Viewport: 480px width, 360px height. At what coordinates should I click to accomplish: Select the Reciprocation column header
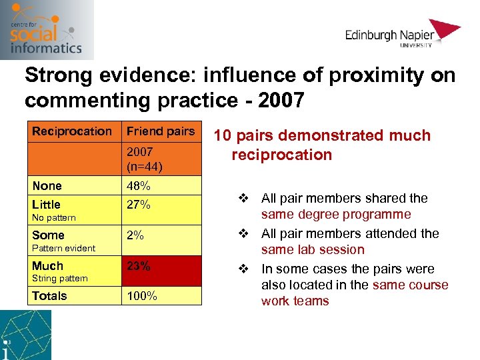[x=72, y=131]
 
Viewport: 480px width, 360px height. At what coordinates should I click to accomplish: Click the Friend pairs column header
[x=161, y=131]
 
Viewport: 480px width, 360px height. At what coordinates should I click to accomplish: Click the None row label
[x=47, y=186]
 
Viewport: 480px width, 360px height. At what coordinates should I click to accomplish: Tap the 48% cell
[x=138, y=186]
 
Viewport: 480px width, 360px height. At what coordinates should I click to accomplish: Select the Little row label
[x=46, y=205]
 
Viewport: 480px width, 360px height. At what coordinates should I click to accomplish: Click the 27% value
[x=138, y=205]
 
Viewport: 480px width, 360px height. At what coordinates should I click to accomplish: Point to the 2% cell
[x=135, y=235]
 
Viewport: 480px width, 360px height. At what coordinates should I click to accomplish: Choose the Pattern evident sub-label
[x=63, y=248]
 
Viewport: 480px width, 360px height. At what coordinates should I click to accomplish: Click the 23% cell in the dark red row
[x=138, y=266]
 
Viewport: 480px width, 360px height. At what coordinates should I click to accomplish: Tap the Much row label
[x=47, y=266]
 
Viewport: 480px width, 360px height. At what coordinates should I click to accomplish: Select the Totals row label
[x=49, y=296]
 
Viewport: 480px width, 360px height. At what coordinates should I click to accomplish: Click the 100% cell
[x=141, y=296]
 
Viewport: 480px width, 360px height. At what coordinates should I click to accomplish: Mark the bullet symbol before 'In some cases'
[x=243, y=269]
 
